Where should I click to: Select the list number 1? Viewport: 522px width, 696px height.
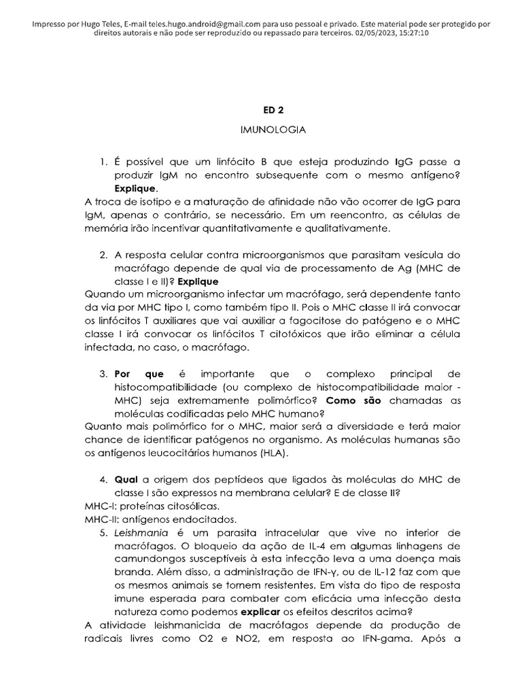pos(103,162)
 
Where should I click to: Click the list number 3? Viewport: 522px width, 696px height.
pos(103,375)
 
